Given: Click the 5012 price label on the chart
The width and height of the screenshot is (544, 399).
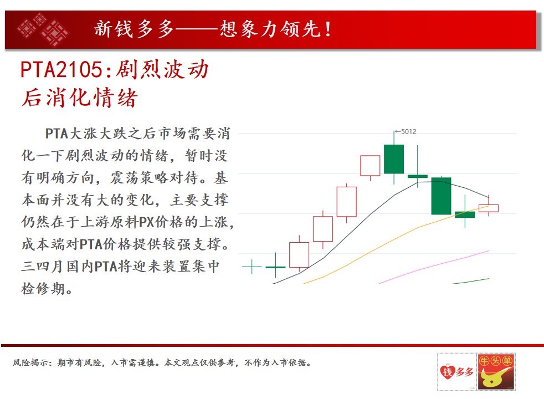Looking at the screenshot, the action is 408,131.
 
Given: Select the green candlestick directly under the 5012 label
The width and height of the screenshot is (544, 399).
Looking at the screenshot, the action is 394,159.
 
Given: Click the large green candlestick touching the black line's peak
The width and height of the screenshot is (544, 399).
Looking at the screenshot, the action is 441,196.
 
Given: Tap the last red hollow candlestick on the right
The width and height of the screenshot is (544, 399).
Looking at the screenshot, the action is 489,208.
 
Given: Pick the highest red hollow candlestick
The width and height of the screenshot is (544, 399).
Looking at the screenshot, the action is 370,166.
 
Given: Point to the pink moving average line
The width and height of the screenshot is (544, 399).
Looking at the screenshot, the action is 434,267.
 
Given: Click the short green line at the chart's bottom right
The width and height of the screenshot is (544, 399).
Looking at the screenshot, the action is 471,281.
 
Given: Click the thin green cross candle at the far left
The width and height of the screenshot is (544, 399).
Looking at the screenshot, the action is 252,267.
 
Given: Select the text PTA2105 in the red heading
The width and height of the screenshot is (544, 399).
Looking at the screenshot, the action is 61,69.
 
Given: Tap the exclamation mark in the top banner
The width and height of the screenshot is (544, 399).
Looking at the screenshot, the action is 328,29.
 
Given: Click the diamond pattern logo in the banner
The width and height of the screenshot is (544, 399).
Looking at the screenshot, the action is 43,29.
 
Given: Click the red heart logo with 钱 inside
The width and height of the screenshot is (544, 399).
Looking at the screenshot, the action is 447,372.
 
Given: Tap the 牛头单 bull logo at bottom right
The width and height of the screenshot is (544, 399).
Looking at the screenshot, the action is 496,372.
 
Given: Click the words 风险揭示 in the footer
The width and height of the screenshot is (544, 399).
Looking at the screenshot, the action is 30,362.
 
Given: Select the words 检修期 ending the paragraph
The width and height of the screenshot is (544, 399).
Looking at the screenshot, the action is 43,288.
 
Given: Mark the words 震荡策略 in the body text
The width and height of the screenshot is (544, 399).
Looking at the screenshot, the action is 140,178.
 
